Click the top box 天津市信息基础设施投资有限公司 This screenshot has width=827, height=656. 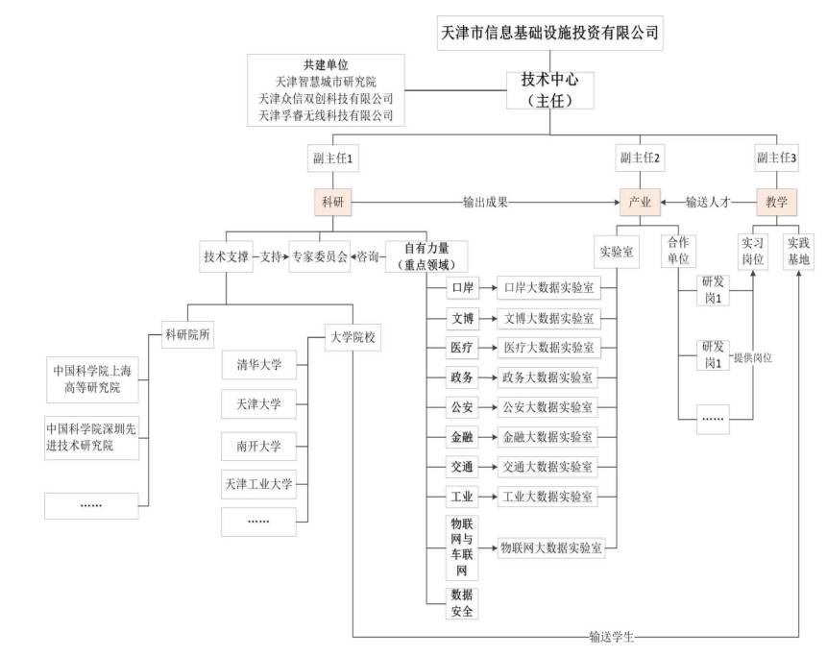[549, 32]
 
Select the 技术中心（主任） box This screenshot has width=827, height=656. [549, 89]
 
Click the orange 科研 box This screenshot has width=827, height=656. [333, 202]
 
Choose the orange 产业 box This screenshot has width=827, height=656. [639, 202]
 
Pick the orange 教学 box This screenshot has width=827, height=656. [776, 202]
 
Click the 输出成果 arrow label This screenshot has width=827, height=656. [485, 203]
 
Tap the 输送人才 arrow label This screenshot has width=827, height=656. [708, 203]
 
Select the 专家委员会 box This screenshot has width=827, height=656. [320, 257]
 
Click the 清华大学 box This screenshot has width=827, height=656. [258, 366]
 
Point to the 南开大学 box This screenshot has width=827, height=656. [258, 446]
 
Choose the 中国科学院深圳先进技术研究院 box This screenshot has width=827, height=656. [90, 436]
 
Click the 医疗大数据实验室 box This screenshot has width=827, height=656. [547, 348]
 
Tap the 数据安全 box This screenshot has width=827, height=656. [461, 602]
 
